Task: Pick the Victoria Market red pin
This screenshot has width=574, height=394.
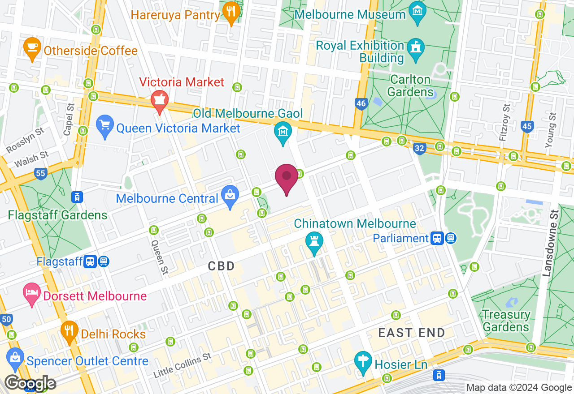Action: [159, 100]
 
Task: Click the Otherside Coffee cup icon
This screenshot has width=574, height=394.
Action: [33, 48]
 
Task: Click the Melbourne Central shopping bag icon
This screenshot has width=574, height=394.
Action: [230, 197]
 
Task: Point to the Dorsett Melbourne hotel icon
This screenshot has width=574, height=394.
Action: [31, 294]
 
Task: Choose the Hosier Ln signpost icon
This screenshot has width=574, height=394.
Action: [362, 362]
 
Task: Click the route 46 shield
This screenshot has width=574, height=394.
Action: [361, 104]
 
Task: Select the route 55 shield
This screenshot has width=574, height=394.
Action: [41, 173]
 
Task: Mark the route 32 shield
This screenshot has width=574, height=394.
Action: [419, 148]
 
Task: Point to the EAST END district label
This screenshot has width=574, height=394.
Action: [411, 333]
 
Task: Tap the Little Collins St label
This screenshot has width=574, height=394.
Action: [182, 365]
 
